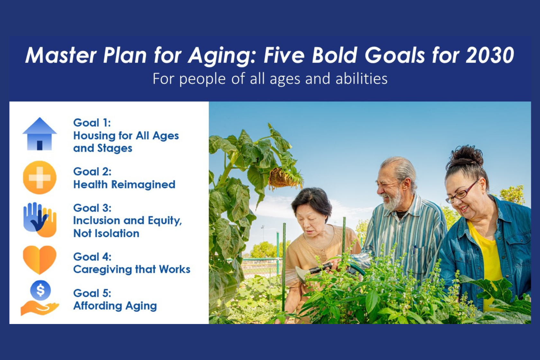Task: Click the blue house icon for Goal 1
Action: click(x=40, y=134)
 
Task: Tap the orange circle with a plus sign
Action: click(x=40, y=177)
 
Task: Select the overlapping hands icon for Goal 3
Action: click(x=40, y=220)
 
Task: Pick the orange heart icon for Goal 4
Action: click(x=40, y=260)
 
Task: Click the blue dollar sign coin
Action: click(x=40, y=290)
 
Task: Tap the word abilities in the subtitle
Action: click(x=362, y=79)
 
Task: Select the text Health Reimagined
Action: click(x=124, y=185)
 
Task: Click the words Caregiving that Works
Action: click(x=132, y=270)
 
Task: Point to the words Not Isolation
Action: click(x=106, y=233)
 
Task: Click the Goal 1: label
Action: click(x=92, y=123)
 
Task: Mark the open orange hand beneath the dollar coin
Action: click(x=40, y=308)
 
